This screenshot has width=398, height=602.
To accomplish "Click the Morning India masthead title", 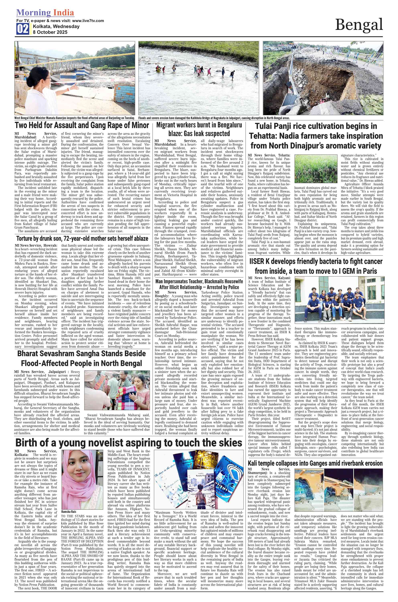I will (x=45, y=12).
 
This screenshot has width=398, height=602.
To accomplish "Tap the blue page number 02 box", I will (x=23, y=29).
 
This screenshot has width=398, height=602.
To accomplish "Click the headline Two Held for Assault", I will (x=82, y=125).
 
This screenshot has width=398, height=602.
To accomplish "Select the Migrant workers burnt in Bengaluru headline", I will (x=199, y=129).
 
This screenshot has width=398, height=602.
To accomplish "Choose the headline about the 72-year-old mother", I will (x=82, y=239).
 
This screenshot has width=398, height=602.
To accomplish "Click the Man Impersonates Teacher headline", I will (x=199, y=284).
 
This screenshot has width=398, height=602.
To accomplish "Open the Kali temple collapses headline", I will (x=316, y=463).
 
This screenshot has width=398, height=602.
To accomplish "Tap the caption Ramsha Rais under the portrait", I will (x=69, y=512).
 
